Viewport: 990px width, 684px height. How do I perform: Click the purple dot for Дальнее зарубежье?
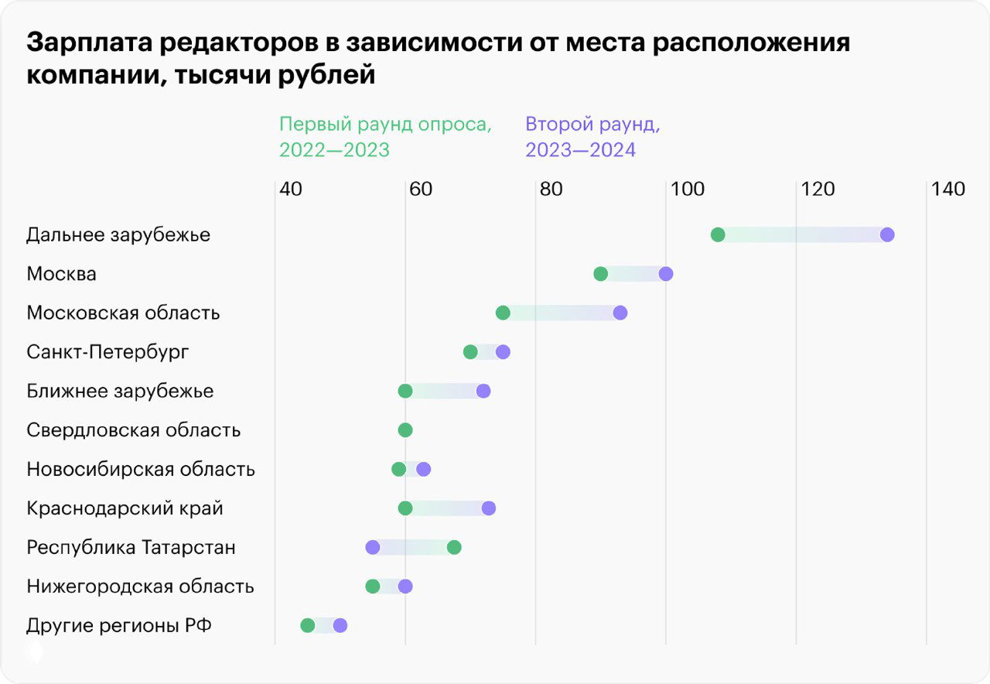click(x=887, y=235)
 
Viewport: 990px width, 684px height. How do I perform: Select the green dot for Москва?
click(x=600, y=274)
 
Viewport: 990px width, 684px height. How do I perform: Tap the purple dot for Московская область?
click(x=620, y=313)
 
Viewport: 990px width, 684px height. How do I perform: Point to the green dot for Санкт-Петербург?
click(x=470, y=352)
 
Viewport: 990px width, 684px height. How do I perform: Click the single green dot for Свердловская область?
click(x=405, y=430)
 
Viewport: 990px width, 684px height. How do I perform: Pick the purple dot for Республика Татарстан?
click(x=373, y=548)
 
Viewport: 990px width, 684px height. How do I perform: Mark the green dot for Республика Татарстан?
click(x=454, y=548)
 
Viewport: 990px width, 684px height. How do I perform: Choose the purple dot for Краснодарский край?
click(x=488, y=508)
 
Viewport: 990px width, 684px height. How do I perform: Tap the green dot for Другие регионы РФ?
click(x=308, y=626)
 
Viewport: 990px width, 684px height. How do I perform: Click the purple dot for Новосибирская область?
click(x=423, y=469)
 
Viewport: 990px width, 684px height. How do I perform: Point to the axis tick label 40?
click(x=290, y=190)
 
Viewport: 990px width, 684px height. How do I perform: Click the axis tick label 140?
click(x=947, y=190)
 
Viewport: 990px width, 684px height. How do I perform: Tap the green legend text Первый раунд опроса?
click(x=385, y=125)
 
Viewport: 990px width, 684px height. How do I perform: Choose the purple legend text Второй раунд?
click(x=592, y=125)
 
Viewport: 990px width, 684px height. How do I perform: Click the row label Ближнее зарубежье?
click(x=120, y=392)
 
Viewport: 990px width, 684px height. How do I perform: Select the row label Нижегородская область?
click(x=140, y=587)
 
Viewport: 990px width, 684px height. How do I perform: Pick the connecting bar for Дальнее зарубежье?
click(x=802, y=235)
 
